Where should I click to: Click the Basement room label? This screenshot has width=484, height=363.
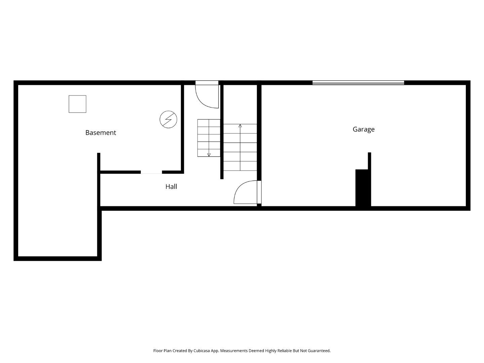100,133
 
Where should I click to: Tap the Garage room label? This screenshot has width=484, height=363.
363,129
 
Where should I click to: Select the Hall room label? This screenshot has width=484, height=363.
171,187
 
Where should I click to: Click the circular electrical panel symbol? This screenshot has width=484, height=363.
168,119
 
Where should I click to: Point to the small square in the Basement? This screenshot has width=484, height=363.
77,104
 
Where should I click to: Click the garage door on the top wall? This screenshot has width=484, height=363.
358,83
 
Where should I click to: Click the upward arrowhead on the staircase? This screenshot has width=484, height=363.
240,126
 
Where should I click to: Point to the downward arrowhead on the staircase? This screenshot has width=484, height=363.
209,155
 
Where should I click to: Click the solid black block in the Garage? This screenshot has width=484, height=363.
363,188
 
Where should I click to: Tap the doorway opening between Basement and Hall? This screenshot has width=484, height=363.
151,172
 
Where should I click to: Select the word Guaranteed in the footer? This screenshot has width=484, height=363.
319,351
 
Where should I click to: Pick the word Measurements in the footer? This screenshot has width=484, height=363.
234,351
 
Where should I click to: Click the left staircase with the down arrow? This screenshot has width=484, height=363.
209,138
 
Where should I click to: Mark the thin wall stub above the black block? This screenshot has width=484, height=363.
369,161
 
